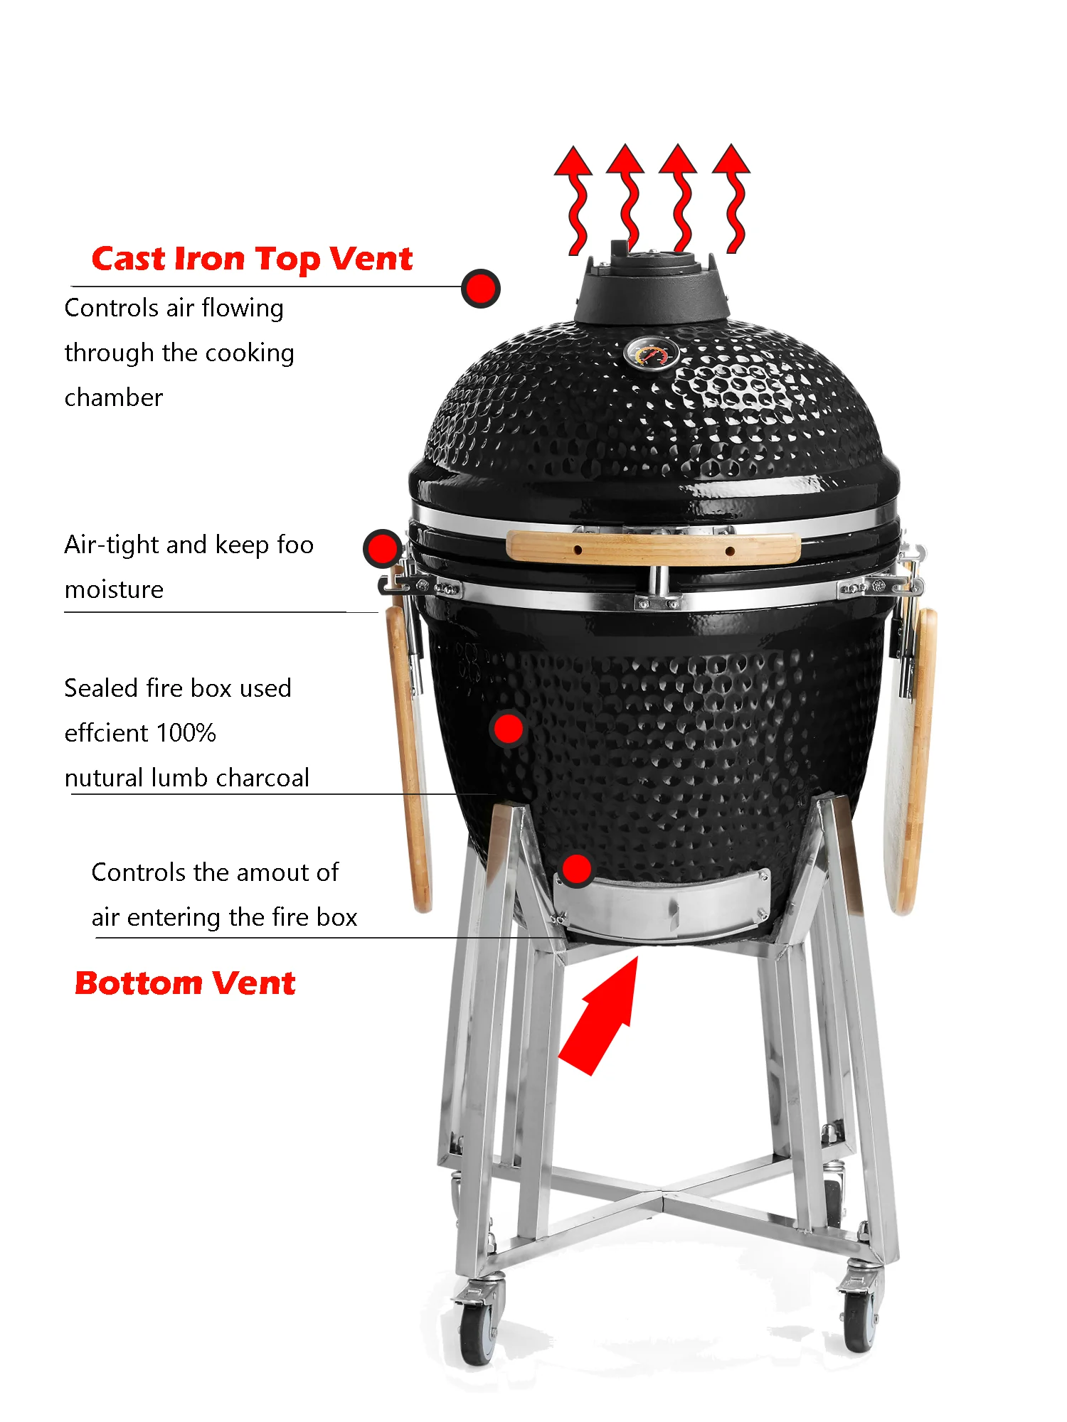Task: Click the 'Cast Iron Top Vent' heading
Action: [252, 259]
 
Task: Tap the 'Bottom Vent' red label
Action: [185, 983]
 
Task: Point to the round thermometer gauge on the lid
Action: [651, 353]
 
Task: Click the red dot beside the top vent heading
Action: [481, 289]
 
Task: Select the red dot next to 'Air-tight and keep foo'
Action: [383, 548]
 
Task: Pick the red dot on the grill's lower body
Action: [508, 729]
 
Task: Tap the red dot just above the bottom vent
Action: [576, 869]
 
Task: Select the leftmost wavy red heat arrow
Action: [575, 199]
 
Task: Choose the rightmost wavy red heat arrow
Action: [733, 199]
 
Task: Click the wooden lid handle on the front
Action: [653, 548]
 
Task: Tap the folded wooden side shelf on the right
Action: [912, 761]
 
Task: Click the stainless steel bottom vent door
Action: [662, 907]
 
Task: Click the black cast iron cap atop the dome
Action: [651, 288]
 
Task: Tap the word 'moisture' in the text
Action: [114, 589]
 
